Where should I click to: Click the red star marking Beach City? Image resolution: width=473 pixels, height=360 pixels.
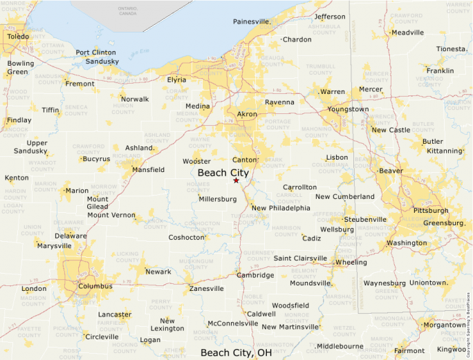236,180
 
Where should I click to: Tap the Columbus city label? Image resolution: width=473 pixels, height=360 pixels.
95,285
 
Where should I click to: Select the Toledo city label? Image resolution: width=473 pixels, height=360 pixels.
18,36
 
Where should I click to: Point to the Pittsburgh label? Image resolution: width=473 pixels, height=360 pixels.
430,210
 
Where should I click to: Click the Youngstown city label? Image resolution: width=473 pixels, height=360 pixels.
348,109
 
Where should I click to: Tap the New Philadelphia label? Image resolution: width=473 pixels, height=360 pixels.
281,208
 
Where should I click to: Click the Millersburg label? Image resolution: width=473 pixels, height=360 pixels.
218,199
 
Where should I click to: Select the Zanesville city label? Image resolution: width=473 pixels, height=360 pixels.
207,288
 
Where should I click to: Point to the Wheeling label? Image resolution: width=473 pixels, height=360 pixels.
351,263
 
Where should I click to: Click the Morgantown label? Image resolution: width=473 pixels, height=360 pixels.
444,325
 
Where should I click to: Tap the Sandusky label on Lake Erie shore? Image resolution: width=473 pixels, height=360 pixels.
102,61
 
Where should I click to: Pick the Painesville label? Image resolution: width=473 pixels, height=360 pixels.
252,21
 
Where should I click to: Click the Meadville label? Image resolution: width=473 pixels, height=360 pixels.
407,32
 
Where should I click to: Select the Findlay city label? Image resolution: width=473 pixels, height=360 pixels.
19,120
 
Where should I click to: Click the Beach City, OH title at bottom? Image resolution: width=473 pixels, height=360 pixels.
236,353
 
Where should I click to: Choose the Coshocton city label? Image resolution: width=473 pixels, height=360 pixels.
187,238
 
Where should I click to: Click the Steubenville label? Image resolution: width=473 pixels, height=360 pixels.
365,219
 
